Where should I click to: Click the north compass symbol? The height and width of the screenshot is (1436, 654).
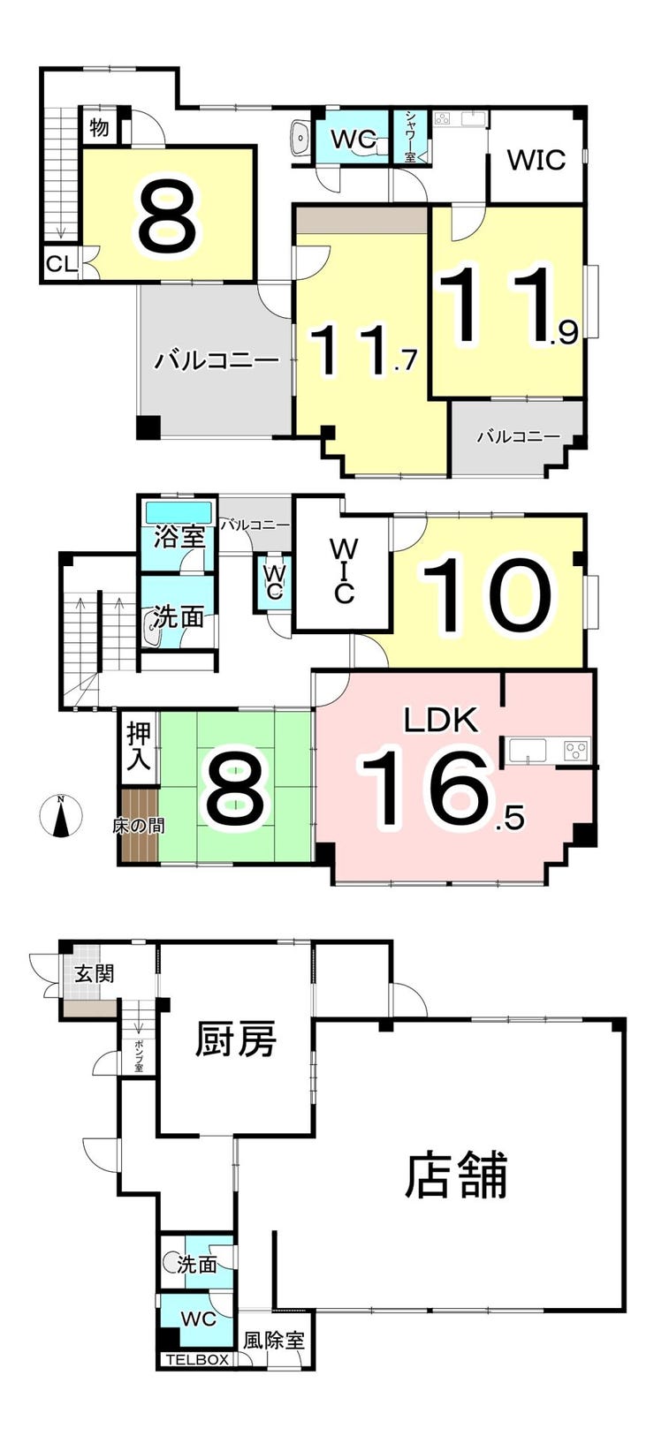60,815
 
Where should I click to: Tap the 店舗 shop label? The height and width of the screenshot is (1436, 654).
456,1175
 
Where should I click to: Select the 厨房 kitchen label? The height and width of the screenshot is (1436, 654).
236,1039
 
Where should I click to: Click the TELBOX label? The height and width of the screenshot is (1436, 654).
197,1360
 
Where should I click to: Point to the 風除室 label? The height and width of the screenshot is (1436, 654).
274,1340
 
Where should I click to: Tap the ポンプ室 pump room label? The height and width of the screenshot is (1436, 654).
140,1055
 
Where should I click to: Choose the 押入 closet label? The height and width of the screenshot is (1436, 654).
139,747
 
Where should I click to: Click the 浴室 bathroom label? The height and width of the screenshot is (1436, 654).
179,536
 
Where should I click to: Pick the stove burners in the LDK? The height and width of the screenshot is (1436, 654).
576,752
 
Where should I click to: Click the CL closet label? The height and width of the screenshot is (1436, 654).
60,263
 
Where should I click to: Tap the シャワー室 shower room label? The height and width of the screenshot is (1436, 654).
411,136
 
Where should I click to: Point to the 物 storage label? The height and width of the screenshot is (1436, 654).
100,127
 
